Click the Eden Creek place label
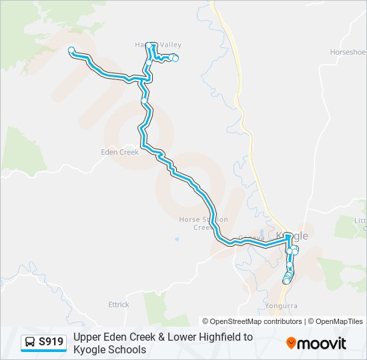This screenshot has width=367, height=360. click(119, 152)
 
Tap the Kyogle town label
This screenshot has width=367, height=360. click(296, 237)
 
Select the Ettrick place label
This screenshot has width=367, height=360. click(118, 305)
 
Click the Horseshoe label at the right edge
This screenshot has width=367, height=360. click(349, 52)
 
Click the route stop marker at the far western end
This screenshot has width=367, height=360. click(71, 49)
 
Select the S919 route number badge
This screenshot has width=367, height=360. click(51, 342)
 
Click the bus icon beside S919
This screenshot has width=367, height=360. click(31, 343)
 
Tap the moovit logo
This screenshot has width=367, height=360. click(316, 343)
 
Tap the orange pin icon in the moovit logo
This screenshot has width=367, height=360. click(291, 343)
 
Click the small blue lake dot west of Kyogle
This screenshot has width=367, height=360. click(177, 239)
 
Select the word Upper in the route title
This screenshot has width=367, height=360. click(87, 337)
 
